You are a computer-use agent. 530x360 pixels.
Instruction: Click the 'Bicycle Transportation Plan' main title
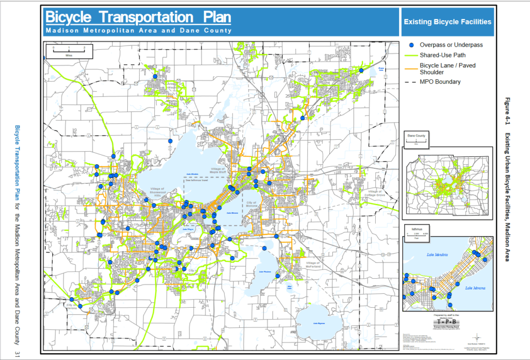138,17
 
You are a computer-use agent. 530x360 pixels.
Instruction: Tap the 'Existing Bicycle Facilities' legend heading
447,22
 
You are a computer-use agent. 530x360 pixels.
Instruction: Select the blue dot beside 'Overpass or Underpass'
411,45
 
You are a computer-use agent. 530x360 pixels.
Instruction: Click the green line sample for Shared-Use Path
411,55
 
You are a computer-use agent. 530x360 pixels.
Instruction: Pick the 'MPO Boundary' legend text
440,82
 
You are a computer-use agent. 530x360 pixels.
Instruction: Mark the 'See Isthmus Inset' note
197,181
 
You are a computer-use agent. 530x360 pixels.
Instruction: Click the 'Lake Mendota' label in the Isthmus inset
435,255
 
